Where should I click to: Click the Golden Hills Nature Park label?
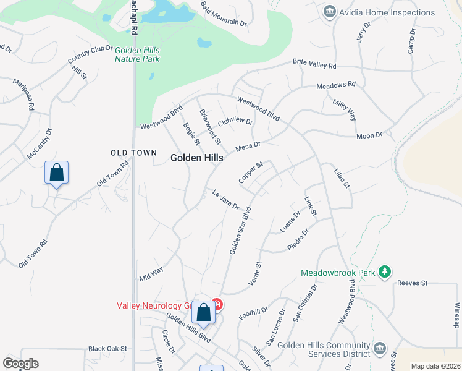click(137, 54)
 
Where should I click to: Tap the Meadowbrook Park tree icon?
click(385, 271)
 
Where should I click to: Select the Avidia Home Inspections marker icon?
click(329, 12)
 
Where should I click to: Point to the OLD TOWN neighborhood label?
click(130, 152)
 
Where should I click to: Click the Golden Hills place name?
click(196, 158)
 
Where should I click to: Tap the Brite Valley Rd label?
click(314, 64)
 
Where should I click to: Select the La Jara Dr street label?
click(225, 200)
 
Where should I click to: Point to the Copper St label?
click(251, 173)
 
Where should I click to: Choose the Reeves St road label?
click(413, 283)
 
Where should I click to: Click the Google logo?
click(20, 364)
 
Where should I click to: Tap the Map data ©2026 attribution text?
click(436, 366)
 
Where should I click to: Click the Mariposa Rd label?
click(23, 94)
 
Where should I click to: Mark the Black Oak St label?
click(107, 349)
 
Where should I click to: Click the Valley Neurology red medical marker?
click(217, 304)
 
